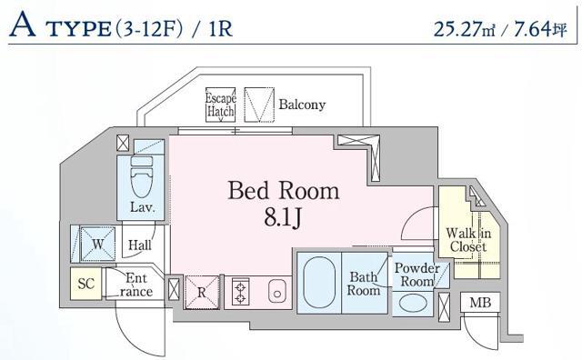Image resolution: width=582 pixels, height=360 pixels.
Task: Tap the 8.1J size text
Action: tap(283, 218)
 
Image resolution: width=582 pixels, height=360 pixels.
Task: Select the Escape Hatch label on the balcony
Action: tap(220, 105)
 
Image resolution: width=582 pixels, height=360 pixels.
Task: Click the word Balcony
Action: tap(302, 105)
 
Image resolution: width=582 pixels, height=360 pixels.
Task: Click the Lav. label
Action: tap(140, 207)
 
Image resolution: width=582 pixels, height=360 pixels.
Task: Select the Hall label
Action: tap(139, 245)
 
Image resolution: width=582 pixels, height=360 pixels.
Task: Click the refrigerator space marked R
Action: tap(202, 292)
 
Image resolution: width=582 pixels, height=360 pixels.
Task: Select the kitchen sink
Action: tap(277, 293)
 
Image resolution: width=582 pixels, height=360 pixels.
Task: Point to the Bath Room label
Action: tap(363, 284)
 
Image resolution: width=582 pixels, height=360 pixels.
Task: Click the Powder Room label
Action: tap(418, 275)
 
